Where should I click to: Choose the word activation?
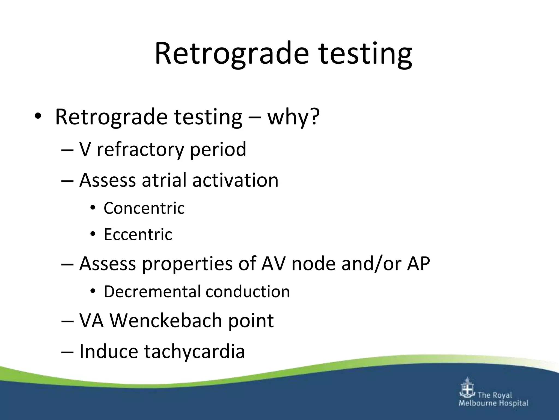(x=235, y=180)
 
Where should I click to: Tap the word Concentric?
(x=144, y=208)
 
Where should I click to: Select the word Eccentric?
(x=138, y=234)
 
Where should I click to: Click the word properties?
(x=187, y=264)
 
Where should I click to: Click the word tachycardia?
(x=194, y=352)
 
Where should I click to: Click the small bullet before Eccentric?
(x=93, y=234)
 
